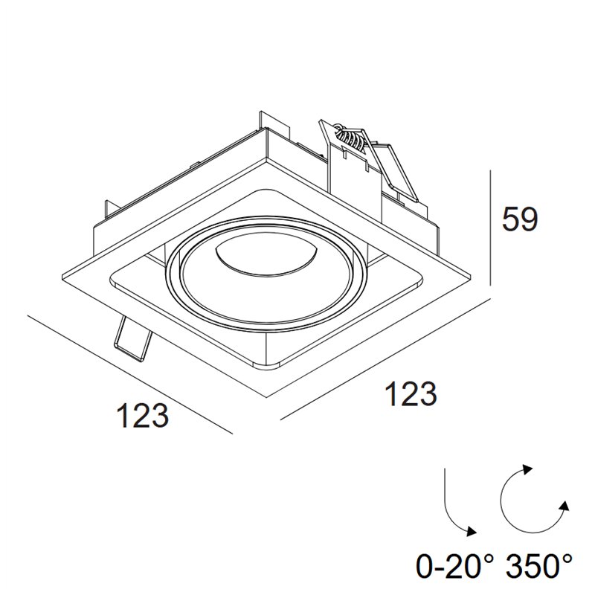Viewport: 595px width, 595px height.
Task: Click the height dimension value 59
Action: tap(519, 219)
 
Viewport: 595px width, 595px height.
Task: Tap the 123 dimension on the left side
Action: tap(143, 415)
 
